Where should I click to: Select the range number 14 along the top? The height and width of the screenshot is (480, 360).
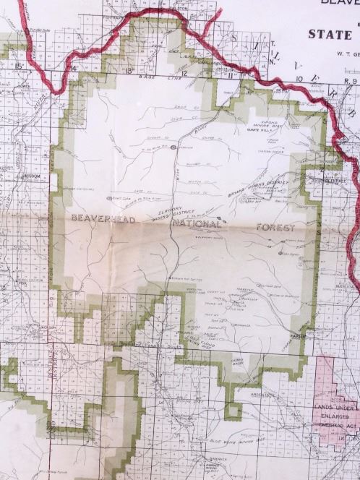click(72, 69)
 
